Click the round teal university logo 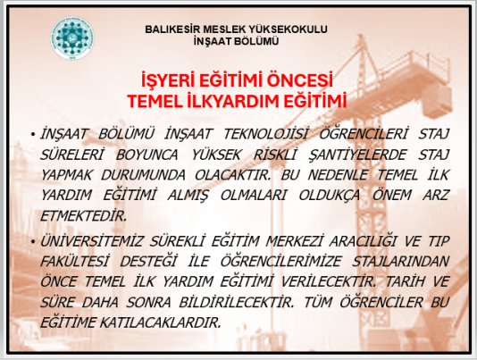pyautogui.click(x=72, y=38)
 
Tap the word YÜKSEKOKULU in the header pyautogui.click(x=289, y=29)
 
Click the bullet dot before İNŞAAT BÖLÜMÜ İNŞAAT pyautogui.click(x=32, y=134)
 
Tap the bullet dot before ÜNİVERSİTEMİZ pyautogui.click(x=32, y=241)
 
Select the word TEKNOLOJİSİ pyautogui.click(x=265, y=134)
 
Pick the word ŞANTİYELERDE pyautogui.click(x=357, y=155)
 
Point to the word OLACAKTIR pyautogui.click(x=232, y=175)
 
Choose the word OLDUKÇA pyautogui.click(x=330, y=195)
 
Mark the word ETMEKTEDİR pyautogui.click(x=83, y=216)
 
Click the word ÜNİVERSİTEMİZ pyautogui.click(x=92, y=241)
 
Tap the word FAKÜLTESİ pyautogui.click(x=74, y=262)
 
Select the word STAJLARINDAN pyautogui.click(x=401, y=262)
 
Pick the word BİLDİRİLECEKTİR pyautogui.click(x=237, y=302)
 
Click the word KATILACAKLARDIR pyautogui.click(x=160, y=322)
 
